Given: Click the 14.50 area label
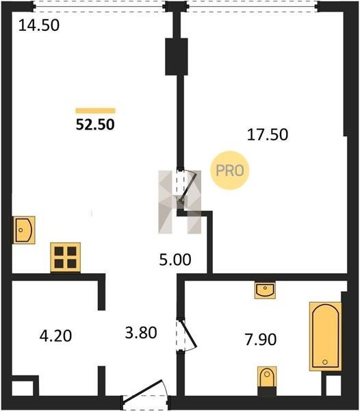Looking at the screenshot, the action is tap(39, 26).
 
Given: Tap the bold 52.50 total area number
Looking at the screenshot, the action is tap(95, 125).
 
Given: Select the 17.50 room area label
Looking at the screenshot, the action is tap(268, 135).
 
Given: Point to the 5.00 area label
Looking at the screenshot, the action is tap(175, 260).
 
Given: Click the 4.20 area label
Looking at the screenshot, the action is tap(55, 336).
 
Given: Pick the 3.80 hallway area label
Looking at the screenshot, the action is tap(141, 333).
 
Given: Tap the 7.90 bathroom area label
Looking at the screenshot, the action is tap(261, 340).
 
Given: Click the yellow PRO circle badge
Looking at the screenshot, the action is tap(230, 171).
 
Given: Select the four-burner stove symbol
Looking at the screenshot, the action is tap(66, 257).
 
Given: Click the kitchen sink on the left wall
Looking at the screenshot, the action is tap(24, 230).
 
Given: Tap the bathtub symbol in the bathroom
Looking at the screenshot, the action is tap(326, 336).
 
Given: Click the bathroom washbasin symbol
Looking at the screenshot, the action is tap(265, 290).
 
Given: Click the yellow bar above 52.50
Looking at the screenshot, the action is tap(95, 110).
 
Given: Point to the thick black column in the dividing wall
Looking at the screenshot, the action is tap(177, 57).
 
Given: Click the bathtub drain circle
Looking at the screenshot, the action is tap(325, 362).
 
